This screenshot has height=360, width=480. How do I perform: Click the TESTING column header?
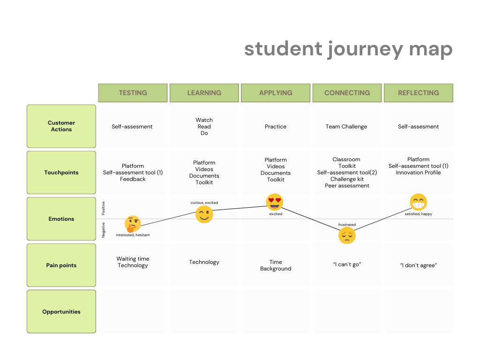(133, 93)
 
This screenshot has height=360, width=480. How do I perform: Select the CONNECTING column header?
(347, 93)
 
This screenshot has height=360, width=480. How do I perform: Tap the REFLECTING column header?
(418, 93)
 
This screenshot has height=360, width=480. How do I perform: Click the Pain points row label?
(61, 265)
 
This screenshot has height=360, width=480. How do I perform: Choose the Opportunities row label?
(61, 312)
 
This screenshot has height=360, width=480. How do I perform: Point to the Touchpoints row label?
(61, 172)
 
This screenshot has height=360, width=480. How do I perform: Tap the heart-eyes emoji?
(275, 202)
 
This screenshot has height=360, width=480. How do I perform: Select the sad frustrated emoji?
(347, 235)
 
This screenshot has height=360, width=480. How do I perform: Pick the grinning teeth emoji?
(418, 202)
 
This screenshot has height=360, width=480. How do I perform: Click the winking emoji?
(204, 215)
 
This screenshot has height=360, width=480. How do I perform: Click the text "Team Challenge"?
(346, 127)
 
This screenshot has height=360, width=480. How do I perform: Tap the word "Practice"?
(276, 127)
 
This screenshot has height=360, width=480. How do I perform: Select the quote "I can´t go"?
(346, 265)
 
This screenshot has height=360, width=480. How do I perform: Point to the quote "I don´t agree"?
(418, 265)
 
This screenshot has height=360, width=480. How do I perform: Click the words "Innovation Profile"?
(418, 172)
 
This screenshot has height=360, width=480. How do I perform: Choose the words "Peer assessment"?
(347, 186)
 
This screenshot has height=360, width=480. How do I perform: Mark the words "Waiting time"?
(133, 259)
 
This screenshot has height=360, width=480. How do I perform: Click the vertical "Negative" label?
(104, 230)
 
